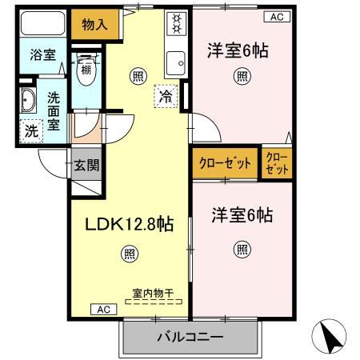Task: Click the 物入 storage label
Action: pyautogui.click(x=95, y=26)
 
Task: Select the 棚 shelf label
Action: pyautogui.click(x=86, y=58)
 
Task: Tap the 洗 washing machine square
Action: pyautogui.click(x=30, y=130)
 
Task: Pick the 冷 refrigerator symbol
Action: pyautogui.click(x=165, y=94)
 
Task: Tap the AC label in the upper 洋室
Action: pyautogui.click(x=274, y=16)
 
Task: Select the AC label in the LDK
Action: pyautogui.click(x=103, y=309)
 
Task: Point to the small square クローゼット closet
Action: pyautogui.click(x=277, y=162)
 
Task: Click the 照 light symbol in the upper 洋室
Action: pyautogui.click(x=241, y=77)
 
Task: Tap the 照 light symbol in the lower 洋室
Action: pyautogui.click(x=241, y=250)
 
